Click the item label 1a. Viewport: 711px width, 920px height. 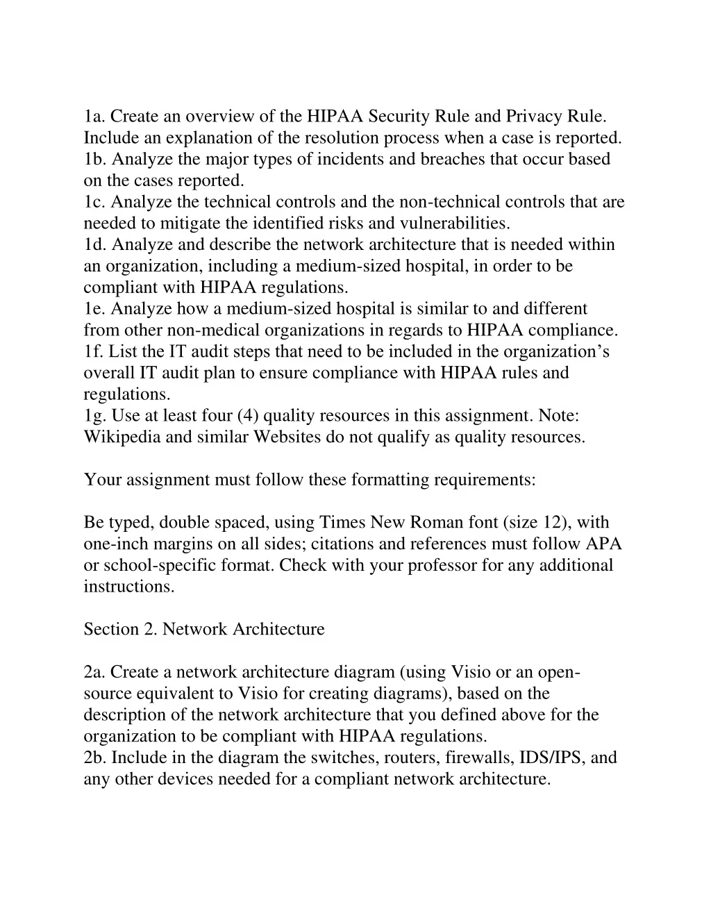[x=94, y=116]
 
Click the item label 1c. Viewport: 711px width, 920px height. [x=94, y=202]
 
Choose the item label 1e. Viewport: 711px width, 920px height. [x=94, y=309]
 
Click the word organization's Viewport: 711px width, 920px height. [x=556, y=352]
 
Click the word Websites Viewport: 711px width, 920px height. [x=287, y=437]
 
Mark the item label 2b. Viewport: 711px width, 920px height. [x=95, y=758]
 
